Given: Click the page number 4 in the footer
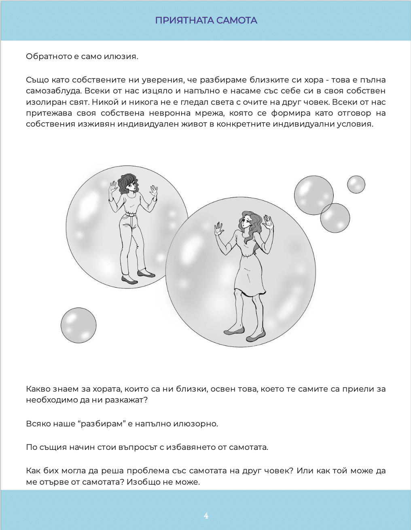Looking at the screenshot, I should click(206, 515).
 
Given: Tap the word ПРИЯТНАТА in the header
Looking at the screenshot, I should click(184, 20).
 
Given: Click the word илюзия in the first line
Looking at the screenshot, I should click(120, 56).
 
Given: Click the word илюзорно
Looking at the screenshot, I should click(196, 424).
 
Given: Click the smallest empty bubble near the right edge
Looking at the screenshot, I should click(356, 184).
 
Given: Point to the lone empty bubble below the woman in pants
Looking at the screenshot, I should click(78, 325).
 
